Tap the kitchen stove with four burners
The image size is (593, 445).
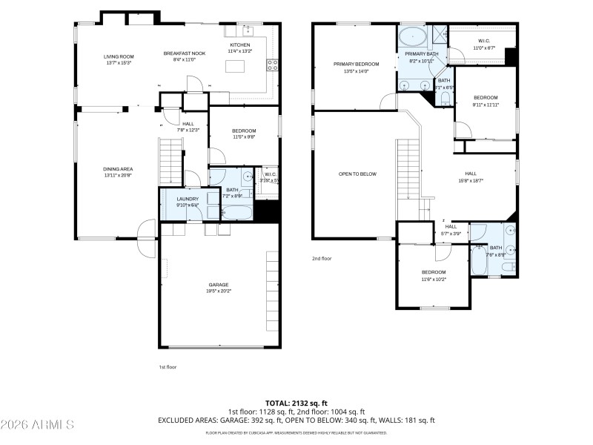pos(272,64)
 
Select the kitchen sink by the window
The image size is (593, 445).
pos(250,31)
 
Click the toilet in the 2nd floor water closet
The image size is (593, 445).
pos(445,96)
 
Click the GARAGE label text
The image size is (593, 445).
pos(218,285)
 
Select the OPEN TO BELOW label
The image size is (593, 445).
pos(357,174)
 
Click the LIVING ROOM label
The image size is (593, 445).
pos(118,56)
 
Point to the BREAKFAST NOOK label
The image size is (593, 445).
pos(184,53)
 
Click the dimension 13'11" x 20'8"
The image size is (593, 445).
pos(118,175)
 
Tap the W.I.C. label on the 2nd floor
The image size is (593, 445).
pos(483,42)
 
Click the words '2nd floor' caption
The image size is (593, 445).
pos(322,258)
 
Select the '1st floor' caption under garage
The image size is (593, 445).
pos(168,366)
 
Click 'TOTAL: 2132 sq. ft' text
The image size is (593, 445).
pos(296,403)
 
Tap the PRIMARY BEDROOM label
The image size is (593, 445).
pos(356,65)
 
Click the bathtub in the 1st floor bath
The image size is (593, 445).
pos(231,213)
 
